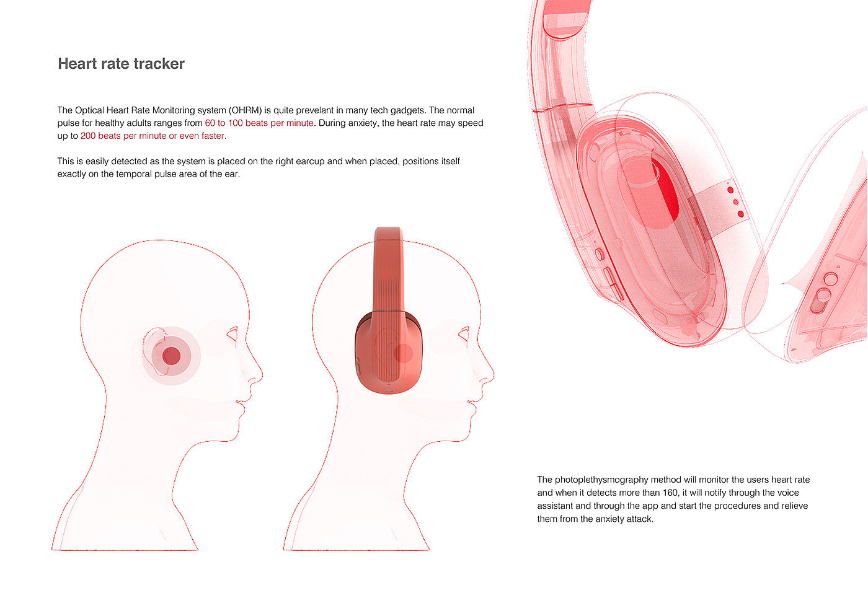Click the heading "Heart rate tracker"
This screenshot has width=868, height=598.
pyautogui.click(x=121, y=64)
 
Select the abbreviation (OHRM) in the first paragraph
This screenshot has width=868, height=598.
pyautogui.click(x=246, y=110)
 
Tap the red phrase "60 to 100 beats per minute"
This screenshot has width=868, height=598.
pyautogui.click(x=259, y=123)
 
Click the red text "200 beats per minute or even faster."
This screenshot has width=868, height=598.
pyautogui.click(x=153, y=136)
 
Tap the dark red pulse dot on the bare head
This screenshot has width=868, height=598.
pyautogui.click(x=171, y=356)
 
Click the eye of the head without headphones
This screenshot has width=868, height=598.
pyautogui.click(x=233, y=335)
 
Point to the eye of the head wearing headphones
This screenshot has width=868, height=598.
pyautogui.click(x=464, y=335)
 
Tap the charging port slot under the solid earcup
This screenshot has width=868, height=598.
pyautogui.click(x=389, y=391)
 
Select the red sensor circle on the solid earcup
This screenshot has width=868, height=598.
pyautogui.click(x=403, y=353)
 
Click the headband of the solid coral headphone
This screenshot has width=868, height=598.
pyautogui.click(x=388, y=266)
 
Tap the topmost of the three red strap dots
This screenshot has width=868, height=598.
pyautogui.click(x=730, y=190)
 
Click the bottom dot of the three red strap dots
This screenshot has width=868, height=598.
pyautogui.click(x=740, y=214)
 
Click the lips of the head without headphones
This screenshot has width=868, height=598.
pyautogui.click(x=239, y=405)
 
